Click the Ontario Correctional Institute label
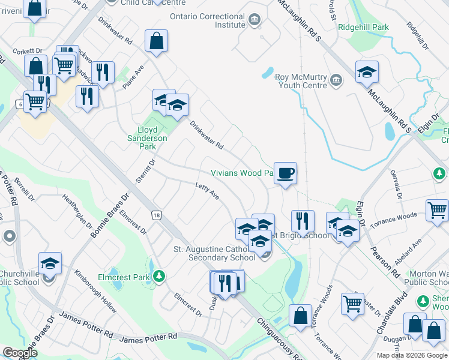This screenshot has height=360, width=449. coord(207,20)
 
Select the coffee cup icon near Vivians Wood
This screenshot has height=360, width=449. coord(286,173)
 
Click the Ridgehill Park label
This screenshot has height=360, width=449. coord(364,28)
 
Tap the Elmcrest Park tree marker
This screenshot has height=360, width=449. coord(158,276)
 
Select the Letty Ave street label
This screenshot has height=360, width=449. coord(208,192)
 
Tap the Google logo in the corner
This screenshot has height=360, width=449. coord(20,353)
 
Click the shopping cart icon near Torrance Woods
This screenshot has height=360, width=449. coord(438,210)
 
